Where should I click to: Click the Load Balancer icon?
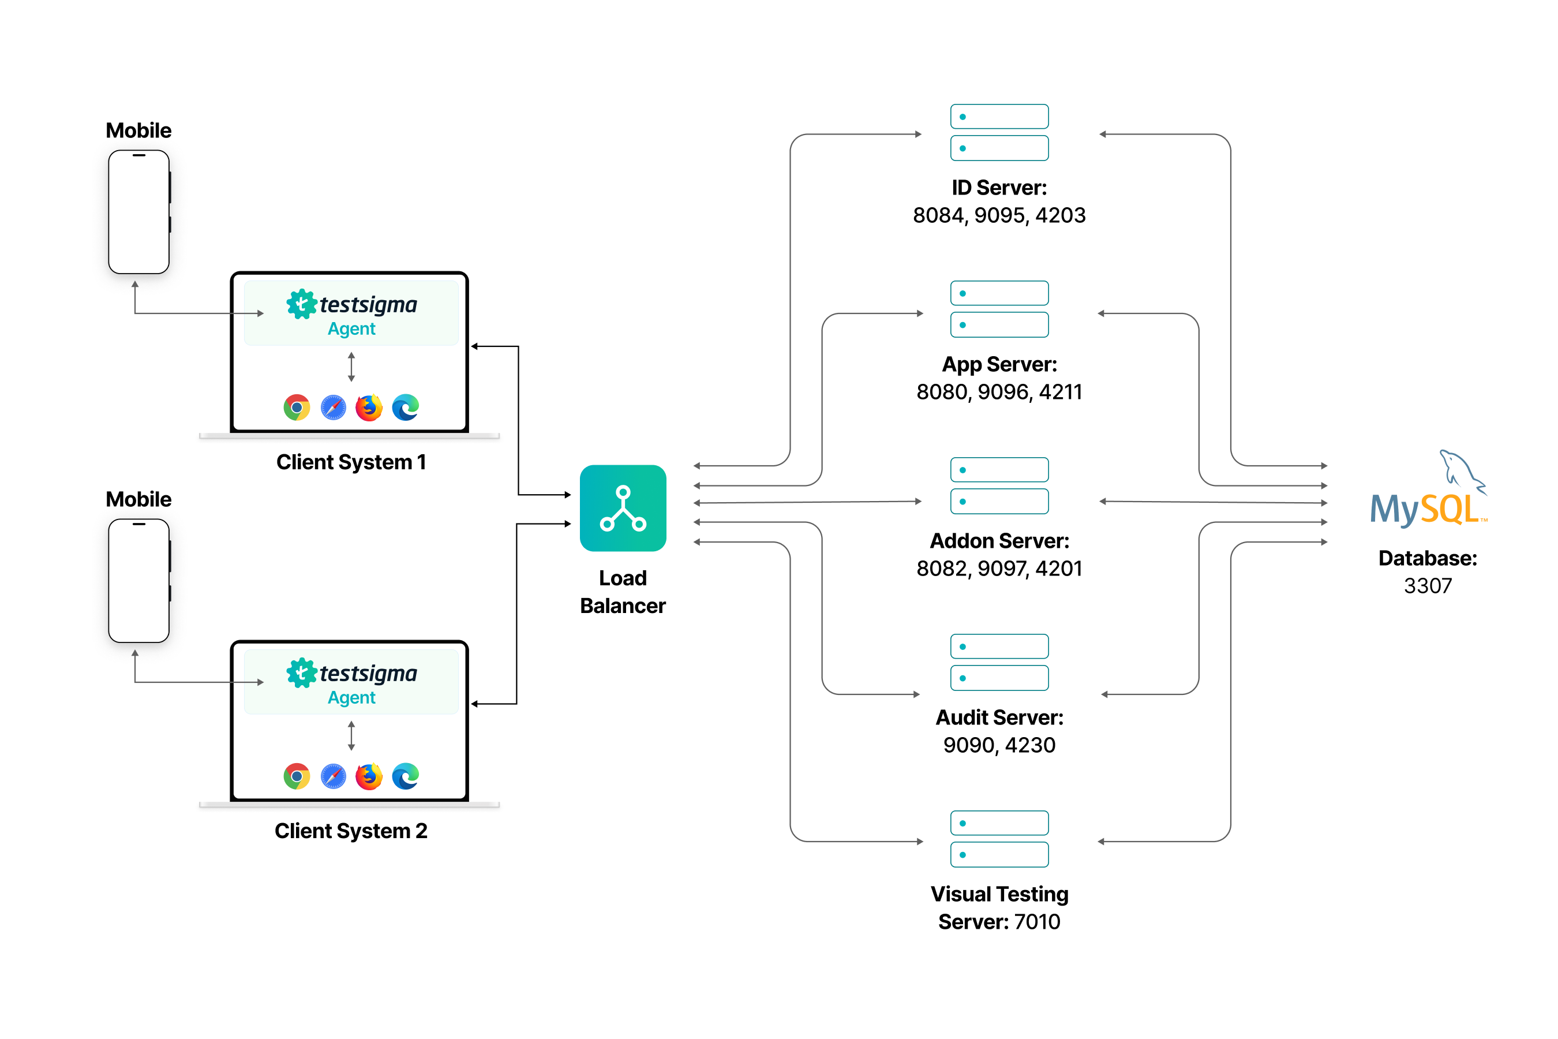click(x=623, y=508)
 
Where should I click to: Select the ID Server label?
click(x=999, y=188)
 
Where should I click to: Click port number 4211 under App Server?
click(x=1060, y=391)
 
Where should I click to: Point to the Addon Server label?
click(x=999, y=541)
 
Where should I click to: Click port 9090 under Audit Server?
click(x=969, y=745)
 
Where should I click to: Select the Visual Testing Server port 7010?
click(x=1037, y=922)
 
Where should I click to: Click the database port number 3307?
click(x=1428, y=586)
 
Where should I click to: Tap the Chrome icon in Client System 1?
click(x=297, y=408)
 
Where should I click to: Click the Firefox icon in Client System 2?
click(x=369, y=776)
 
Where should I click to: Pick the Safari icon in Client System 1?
click(x=333, y=408)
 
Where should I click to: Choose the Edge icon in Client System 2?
click(x=406, y=776)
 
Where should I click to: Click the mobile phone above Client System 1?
click(x=139, y=212)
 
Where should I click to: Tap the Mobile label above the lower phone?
click(x=138, y=499)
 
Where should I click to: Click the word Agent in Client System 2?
click(x=352, y=698)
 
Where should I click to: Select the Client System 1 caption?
click(x=351, y=462)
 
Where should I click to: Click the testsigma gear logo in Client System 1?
click(x=301, y=304)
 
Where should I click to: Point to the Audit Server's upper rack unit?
click(x=999, y=646)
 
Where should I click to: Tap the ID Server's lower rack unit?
click(x=999, y=148)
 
